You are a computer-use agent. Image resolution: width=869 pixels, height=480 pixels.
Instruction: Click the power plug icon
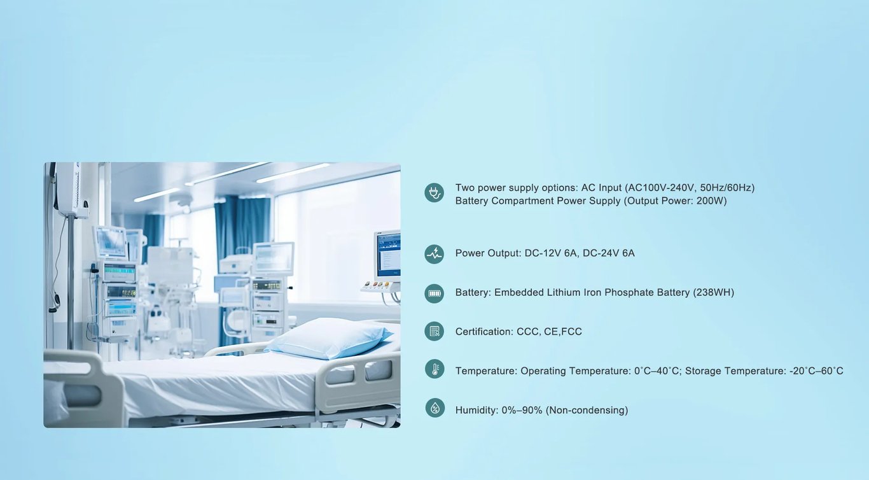coord(434,193)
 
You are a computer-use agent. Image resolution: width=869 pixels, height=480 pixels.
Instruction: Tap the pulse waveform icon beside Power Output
coord(434,254)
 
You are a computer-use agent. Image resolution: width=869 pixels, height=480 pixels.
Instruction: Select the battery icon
coord(434,293)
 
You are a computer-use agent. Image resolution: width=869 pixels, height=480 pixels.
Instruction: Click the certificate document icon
coord(434,331)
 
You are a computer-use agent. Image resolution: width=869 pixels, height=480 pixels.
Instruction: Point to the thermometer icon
coord(434,369)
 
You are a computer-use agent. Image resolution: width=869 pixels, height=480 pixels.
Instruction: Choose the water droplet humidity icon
coord(435,407)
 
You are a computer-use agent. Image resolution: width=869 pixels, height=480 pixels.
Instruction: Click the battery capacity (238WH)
coord(713,292)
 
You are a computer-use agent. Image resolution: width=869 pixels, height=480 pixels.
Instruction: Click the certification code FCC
coord(571,332)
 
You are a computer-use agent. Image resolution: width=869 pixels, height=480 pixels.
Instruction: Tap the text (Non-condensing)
coord(587,410)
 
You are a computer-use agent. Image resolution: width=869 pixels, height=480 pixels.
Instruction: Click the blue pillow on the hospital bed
coord(329,338)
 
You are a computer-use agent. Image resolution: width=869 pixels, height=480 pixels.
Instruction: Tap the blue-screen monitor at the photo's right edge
coord(387,255)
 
